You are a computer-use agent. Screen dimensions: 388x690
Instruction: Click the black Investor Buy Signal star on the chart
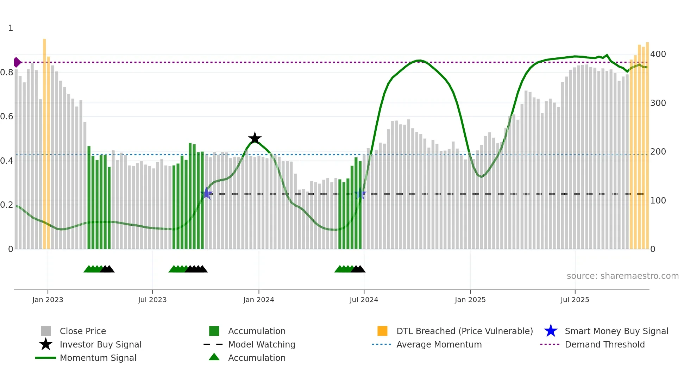tap(255, 138)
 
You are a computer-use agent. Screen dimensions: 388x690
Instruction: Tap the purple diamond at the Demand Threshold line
tap(17, 62)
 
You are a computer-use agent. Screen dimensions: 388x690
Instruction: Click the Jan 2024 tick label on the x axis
tap(258, 300)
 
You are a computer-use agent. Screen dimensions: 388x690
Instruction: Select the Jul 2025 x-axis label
tap(575, 300)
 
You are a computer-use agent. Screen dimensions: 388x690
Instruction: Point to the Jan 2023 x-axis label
tap(48, 300)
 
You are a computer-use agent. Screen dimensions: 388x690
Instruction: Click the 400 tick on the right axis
tap(658, 54)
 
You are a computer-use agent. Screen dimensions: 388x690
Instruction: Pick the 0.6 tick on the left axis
tap(7, 117)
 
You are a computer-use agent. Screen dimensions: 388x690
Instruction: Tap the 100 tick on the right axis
tap(658, 201)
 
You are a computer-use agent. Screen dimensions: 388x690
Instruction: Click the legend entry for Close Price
tap(83, 331)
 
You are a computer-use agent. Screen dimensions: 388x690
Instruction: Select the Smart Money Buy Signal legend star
tap(551, 331)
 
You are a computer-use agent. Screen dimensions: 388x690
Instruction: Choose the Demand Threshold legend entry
tap(604, 345)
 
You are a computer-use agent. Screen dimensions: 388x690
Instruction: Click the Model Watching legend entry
tap(262, 345)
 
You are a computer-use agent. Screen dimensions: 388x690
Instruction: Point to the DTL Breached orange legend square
tap(382, 331)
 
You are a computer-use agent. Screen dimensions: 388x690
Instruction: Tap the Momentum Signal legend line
tap(46, 358)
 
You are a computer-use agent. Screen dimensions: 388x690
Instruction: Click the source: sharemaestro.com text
tap(622, 276)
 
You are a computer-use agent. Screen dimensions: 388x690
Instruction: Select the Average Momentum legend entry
tap(439, 345)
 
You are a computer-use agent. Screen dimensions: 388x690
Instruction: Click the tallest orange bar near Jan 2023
tap(44, 141)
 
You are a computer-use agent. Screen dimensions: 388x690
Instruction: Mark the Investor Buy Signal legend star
tap(46, 345)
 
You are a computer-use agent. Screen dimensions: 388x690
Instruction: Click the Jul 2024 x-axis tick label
tap(364, 300)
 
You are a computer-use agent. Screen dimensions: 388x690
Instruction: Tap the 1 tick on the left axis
tap(11, 28)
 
